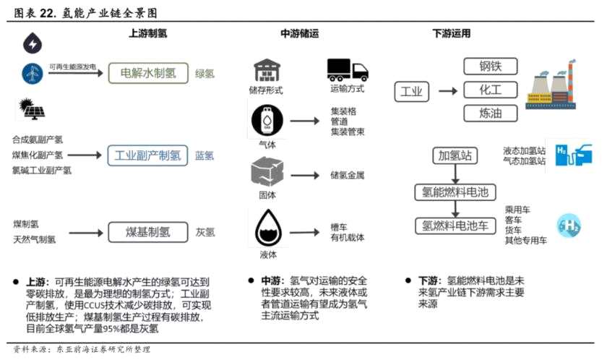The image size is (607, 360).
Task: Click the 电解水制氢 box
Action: [x=149, y=73]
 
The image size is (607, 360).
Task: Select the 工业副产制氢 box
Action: [x=148, y=155]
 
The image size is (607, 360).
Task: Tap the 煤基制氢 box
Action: [x=148, y=232]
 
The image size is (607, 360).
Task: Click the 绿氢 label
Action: [x=205, y=74]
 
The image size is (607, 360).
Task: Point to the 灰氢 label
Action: [x=205, y=233]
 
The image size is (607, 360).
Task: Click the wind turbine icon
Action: [x=32, y=72]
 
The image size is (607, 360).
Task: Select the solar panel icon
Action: [x=32, y=108]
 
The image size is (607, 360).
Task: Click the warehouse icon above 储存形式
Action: [x=265, y=70]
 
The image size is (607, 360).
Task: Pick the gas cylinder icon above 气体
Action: [x=265, y=119]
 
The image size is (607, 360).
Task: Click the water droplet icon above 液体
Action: [x=267, y=228]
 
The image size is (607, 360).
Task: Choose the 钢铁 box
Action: [x=489, y=67]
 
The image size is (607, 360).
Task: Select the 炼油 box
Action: [x=489, y=113]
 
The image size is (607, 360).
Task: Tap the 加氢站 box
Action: [x=453, y=155]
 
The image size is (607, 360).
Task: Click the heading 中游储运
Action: [x=300, y=33]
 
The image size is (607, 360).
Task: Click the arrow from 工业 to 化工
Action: [x=447, y=91]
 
